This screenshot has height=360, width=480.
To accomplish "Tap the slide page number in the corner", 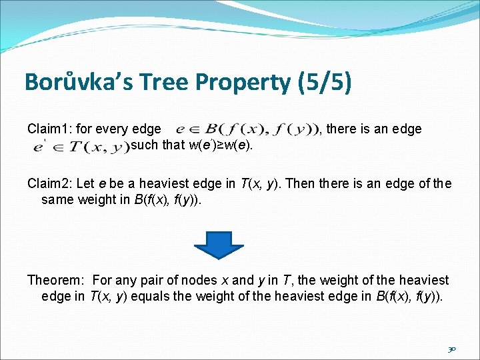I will (x=451, y=349).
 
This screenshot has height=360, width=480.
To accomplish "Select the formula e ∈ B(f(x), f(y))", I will (x=245, y=129).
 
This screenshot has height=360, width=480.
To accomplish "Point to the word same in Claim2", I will (x=57, y=199).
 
